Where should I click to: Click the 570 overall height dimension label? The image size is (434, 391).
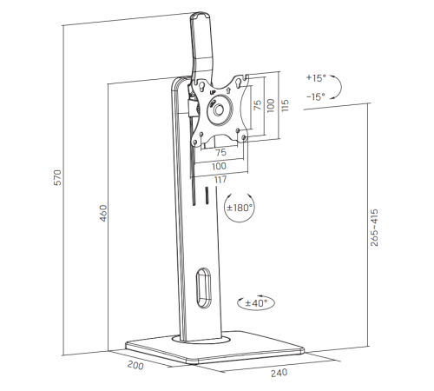(x=58, y=177)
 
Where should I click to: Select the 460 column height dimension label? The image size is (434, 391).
(x=103, y=213)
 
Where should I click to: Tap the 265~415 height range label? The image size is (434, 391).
(x=374, y=228)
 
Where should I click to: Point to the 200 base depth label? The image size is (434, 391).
(x=135, y=365)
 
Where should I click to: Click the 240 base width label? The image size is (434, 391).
(x=279, y=373)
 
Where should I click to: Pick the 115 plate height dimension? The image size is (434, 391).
(x=285, y=105)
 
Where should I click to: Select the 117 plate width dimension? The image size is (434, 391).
(x=220, y=180)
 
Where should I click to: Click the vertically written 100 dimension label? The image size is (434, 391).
(x=270, y=106)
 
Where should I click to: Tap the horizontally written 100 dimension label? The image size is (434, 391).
(x=219, y=166)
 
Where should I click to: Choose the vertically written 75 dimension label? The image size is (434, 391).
(x=257, y=105)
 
